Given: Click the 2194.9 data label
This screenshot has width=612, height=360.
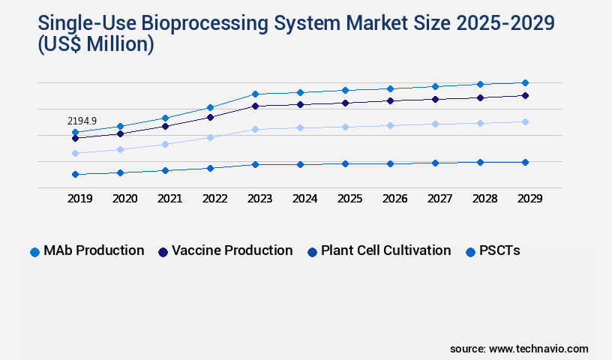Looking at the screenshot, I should [82, 121].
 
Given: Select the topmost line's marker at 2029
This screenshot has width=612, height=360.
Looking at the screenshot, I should [525, 82].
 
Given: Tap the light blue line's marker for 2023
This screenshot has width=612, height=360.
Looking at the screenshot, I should [255, 129].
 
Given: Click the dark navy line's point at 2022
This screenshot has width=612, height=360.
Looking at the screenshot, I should [210, 117].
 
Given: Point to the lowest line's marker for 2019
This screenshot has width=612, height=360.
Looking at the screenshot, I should [75, 174].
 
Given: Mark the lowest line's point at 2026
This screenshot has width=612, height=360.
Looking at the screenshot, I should [390, 163].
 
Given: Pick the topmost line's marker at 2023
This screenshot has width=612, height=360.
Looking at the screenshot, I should [255, 94].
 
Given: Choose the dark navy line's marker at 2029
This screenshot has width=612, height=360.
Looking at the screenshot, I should [525, 95].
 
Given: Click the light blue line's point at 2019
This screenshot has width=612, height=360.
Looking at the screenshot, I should [75, 153].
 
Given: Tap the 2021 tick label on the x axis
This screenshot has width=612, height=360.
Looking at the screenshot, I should [169, 199].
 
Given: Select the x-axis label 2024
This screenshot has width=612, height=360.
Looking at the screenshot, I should [304, 199].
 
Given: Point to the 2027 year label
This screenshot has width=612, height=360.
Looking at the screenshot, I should [439, 199].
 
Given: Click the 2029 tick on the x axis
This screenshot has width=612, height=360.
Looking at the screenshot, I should [529, 199].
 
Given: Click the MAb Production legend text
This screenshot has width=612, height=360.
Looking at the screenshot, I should [94, 250].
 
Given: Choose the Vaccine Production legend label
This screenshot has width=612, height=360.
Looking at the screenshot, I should [232, 250].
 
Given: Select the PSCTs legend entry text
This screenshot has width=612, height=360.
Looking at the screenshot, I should [499, 250].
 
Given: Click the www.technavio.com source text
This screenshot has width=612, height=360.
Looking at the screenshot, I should [538, 349].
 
